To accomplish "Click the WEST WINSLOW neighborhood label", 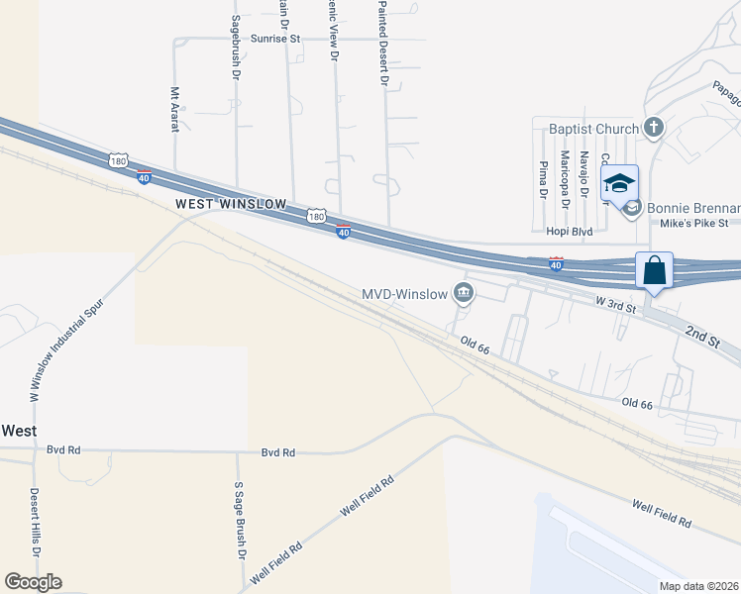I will coord(231,204).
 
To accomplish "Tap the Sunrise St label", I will coord(275,39).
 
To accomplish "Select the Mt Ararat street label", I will coord(174,108).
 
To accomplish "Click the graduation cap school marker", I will coord(620,184).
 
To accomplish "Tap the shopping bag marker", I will coord(655,269).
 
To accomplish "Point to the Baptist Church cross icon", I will coord(654,127).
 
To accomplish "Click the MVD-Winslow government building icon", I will coord(463,292).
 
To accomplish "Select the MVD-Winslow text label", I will coord(406,293).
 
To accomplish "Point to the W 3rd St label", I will coord(614,304).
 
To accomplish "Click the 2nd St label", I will coord(701,338).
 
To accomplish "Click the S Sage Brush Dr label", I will coord(239,519).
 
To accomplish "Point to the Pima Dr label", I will coord(543,179).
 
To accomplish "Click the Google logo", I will coord(33,582).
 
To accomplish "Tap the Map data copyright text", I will coord(699,586).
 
